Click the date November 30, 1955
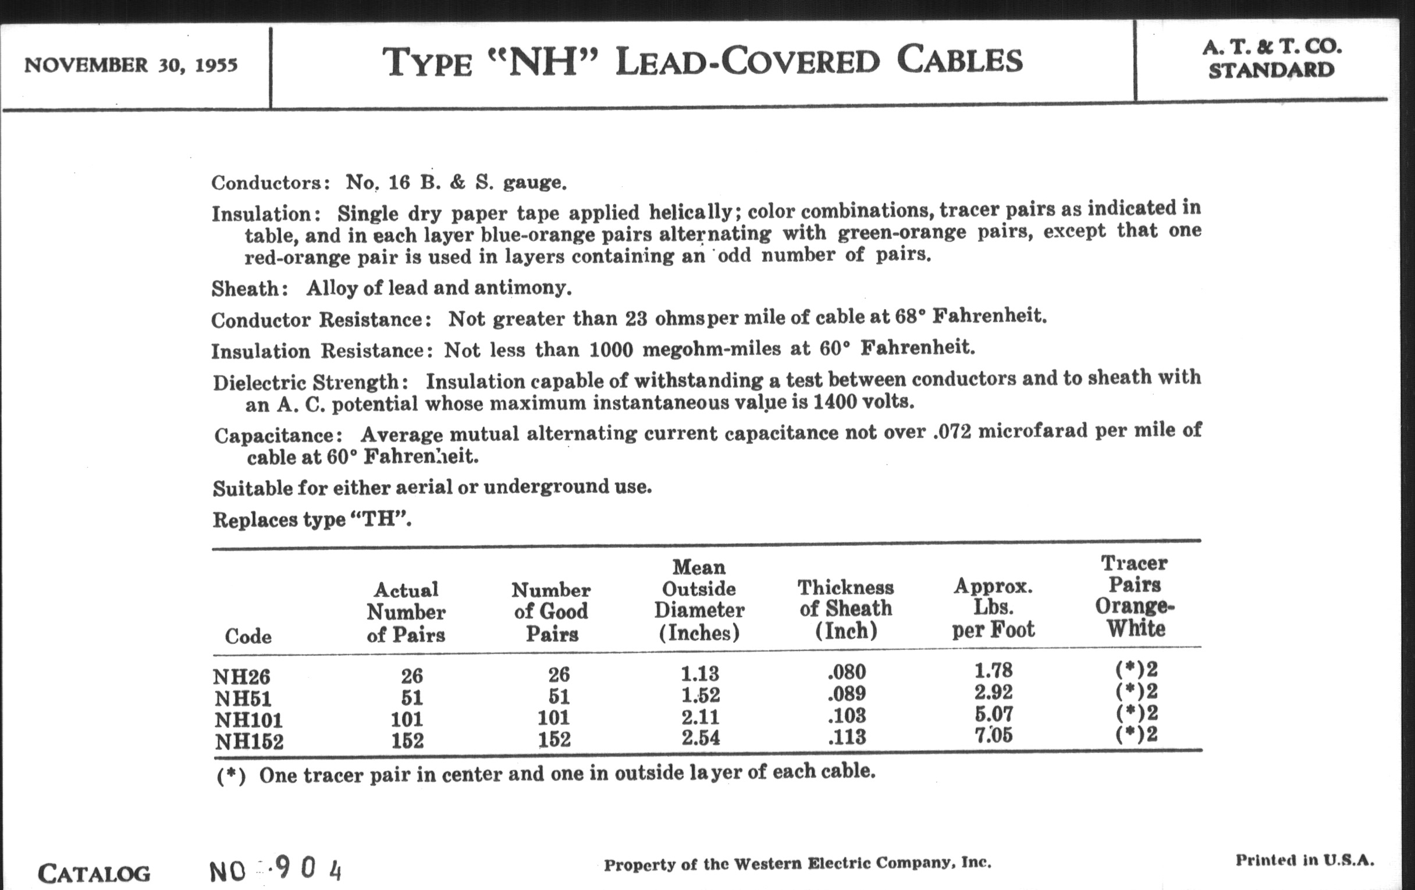130,65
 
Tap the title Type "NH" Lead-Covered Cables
702,62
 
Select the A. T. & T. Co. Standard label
1272,59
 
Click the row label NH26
241,677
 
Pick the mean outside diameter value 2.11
700,717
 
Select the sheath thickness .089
846,695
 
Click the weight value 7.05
993,735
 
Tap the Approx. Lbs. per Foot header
993,608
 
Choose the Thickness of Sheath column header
845,609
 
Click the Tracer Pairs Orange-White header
1135,596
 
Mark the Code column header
248,637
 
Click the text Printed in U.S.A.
1304,861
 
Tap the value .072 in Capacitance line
951,432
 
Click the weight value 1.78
993,671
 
